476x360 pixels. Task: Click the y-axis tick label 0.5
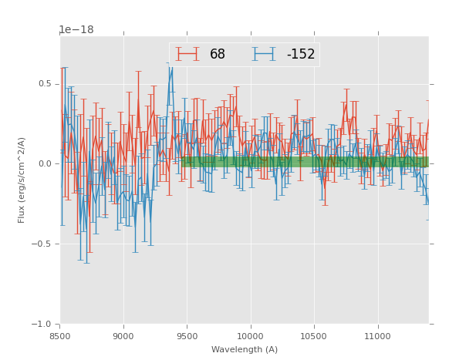pyautogui.click(x=45, y=84)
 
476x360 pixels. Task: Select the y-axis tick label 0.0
pyautogui.click(x=45, y=164)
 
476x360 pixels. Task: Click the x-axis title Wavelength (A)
pyautogui.click(x=244, y=350)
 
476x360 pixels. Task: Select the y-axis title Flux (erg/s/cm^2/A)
pyautogui.click(x=22, y=180)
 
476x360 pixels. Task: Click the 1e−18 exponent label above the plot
pyautogui.click(x=76, y=30)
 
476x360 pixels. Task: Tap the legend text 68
pyautogui.click(x=218, y=55)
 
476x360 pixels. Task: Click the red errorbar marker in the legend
pyautogui.click(x=187, y=54)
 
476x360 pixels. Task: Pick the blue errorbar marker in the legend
pyautogui.click(x=264, y=54)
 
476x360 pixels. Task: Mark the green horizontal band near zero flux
pyautogui.click(x=309, y=162)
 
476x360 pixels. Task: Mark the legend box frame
pyautogui.click(x=244, y=43)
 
